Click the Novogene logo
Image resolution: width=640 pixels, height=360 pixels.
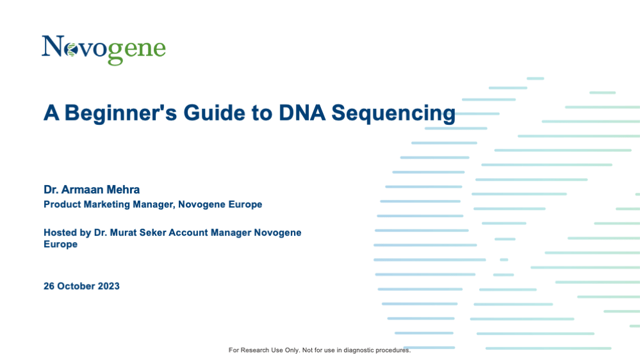pyautogui.click(x=104, y=50)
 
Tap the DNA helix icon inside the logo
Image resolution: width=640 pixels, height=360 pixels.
pyautogui.click(x=71, y=50)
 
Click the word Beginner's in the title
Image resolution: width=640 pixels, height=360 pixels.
pyautogui.click(x=120, y=113)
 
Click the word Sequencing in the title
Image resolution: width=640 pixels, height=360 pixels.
pyautogui.click(x=393, y=113)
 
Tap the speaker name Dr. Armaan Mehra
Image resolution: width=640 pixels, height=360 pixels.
pyautogui.click(x=92, y=190)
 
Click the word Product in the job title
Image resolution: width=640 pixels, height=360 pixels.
pyautogui.click(x=62, y=204)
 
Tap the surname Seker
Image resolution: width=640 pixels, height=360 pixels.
pyautogui.click(x=152, y=233)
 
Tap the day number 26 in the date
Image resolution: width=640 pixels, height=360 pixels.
pyautogui.click(x=49, y=286)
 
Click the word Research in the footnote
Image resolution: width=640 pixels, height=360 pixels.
pyautogui.click(x=255, y=350)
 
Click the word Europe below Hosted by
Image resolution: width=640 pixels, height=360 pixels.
pyautogui.click(x=60, y=245)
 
